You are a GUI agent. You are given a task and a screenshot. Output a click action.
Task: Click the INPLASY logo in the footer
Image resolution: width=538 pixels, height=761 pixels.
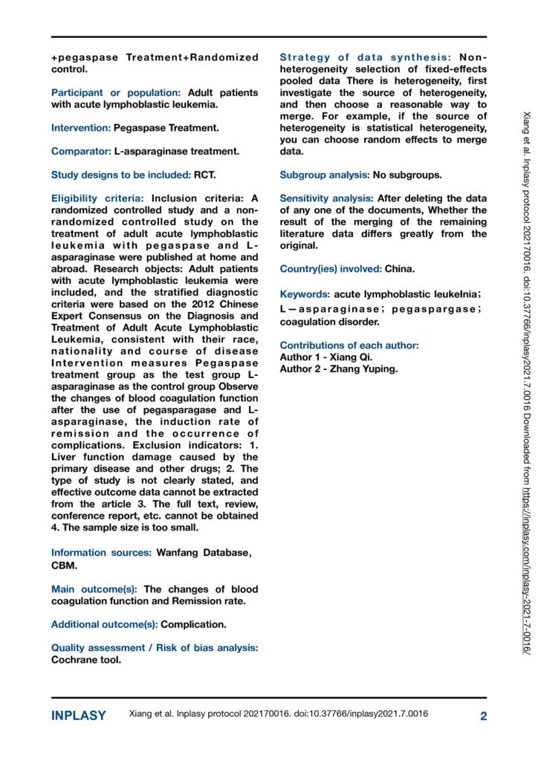[79, 716]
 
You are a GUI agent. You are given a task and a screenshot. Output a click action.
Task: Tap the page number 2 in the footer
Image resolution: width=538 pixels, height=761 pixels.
[483, 716]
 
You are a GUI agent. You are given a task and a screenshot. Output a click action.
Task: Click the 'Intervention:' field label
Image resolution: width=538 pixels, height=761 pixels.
[81, 128]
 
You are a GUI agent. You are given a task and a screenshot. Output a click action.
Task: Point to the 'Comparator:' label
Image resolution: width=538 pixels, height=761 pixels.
[81, 152]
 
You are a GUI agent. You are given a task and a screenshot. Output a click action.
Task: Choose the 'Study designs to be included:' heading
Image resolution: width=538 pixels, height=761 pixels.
[121, 175]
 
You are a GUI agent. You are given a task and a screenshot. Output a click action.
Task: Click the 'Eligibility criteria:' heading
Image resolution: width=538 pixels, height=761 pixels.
[98, 199]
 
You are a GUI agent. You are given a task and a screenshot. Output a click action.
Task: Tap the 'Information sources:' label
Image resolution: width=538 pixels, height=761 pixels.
[101, 552]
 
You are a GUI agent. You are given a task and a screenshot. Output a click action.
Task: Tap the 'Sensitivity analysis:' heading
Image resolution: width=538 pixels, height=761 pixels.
[327, 199]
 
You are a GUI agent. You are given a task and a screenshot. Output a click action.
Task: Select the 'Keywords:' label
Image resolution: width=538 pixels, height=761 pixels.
[305, 294]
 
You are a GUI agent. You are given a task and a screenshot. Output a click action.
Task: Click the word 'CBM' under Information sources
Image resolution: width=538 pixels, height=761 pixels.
[65, 565]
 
